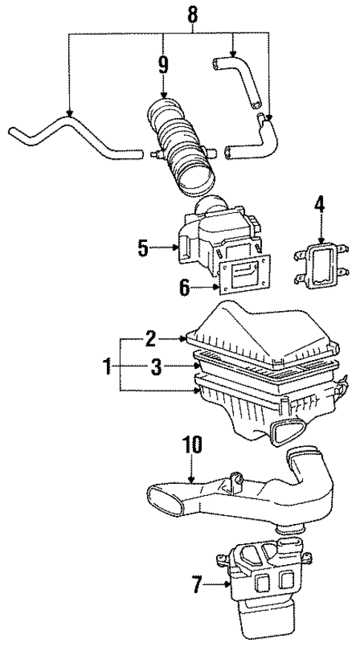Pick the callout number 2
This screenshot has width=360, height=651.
point(151,339)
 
